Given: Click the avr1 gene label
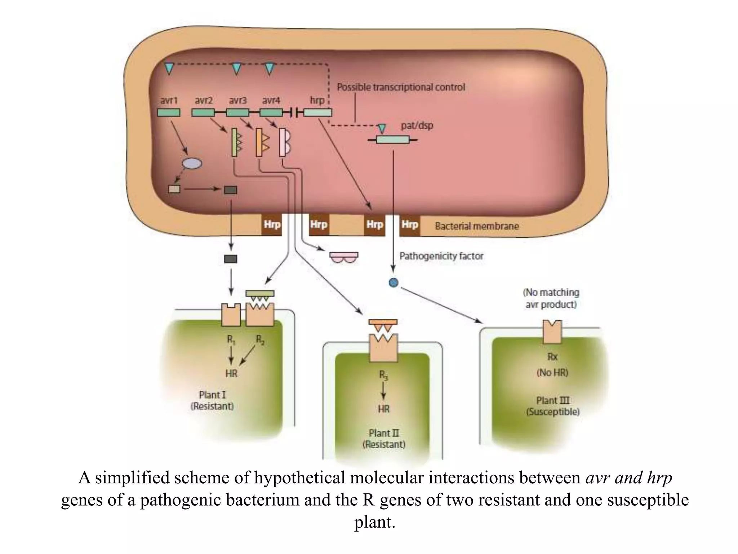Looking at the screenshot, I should click(x=169, y=100).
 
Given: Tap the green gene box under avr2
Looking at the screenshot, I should click(x=203, y=113).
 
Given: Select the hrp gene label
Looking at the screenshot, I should click(x=317, y=100).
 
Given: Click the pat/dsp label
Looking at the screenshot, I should click(x=417, y=126).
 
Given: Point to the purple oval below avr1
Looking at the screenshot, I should click(x=192, y=163).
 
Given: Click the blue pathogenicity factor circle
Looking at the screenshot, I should click(x=394, y=282).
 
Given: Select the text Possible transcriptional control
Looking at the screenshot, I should click(x=401, y=87).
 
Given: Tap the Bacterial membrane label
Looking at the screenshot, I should click(x=477, y=226).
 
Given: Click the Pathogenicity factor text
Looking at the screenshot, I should click(x=441, y=256).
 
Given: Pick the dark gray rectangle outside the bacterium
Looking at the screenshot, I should click(x=231, y=259).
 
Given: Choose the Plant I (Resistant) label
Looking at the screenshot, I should click(x=212, y=400).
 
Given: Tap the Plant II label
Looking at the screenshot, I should click(x=384, y=433).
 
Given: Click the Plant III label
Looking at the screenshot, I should click(x=553, y=400).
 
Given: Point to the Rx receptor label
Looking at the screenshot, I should click(x=552, y=357).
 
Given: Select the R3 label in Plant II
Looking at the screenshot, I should click(x=383, y=375).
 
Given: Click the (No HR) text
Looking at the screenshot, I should click(x=552, y=373).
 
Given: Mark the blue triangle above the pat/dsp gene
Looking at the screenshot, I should click(x=382, y=128).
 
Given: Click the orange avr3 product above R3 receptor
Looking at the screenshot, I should click(x=383, y=325).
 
